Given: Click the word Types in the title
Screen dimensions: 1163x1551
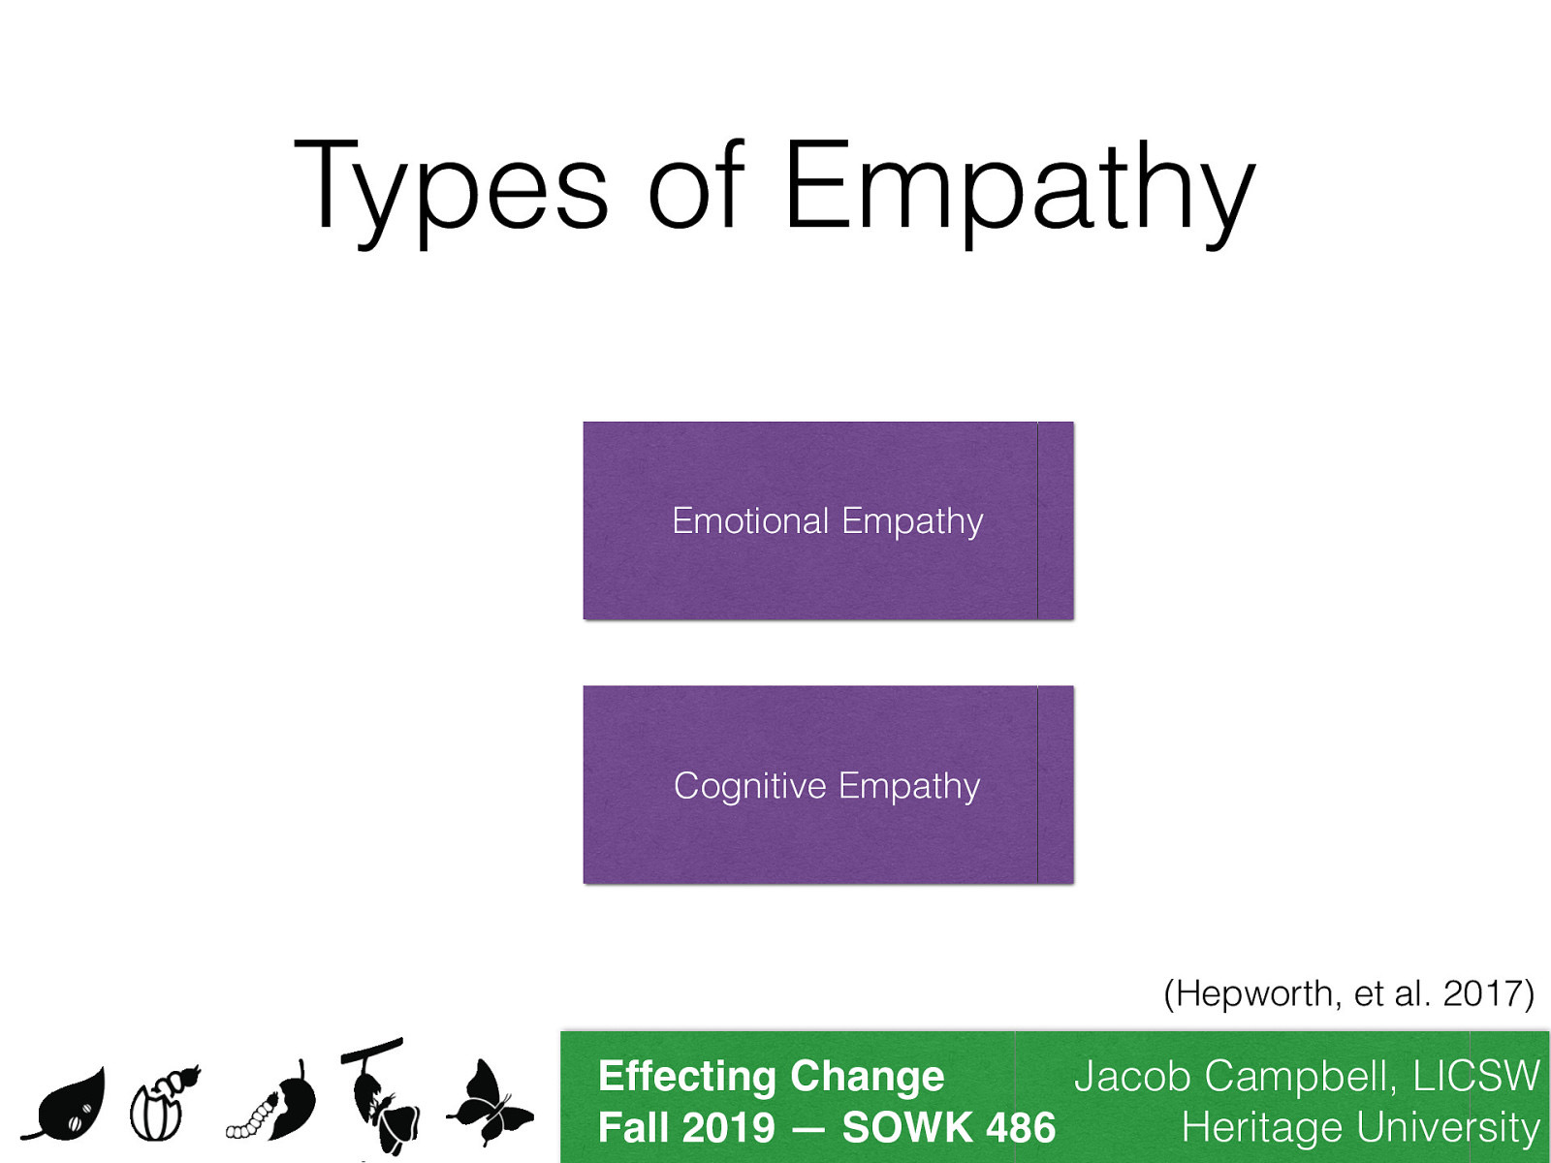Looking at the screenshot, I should pyautogui.click(x=451, y=186).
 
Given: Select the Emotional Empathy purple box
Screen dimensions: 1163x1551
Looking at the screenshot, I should pyautogui.click(x=828, y=520).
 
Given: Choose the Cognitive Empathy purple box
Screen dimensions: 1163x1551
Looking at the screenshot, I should pyautogui.click(x=828, y=785).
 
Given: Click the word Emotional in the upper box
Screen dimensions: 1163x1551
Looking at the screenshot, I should pyautogui.click(x=750, y=520).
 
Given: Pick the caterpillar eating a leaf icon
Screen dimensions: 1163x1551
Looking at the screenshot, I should pyautogui.click(x=275, y=1105).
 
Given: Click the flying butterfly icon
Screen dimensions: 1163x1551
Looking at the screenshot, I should pyautogui.click(x=491, y=1105).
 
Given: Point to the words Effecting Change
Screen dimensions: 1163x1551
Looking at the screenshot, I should pyautogui.click(x=771, y=1076).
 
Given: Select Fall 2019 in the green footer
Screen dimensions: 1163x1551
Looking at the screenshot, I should pyautogui.click(x=686, y=1128).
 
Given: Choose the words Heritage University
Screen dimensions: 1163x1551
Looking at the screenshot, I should pyautogui.click(x=1360, y=1128).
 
